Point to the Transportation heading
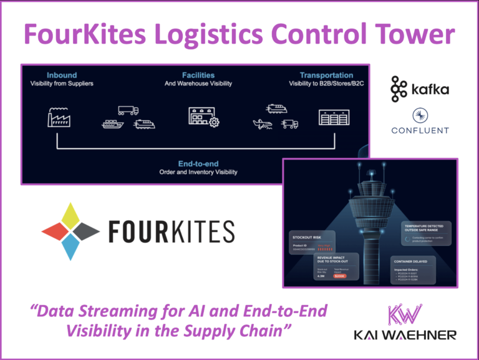(x=326, y=75)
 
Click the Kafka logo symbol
(x=399, y=89)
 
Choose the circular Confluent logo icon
(x=420, y=116)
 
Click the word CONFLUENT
(x=420, y=131)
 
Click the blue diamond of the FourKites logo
(x=70, y=248)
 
